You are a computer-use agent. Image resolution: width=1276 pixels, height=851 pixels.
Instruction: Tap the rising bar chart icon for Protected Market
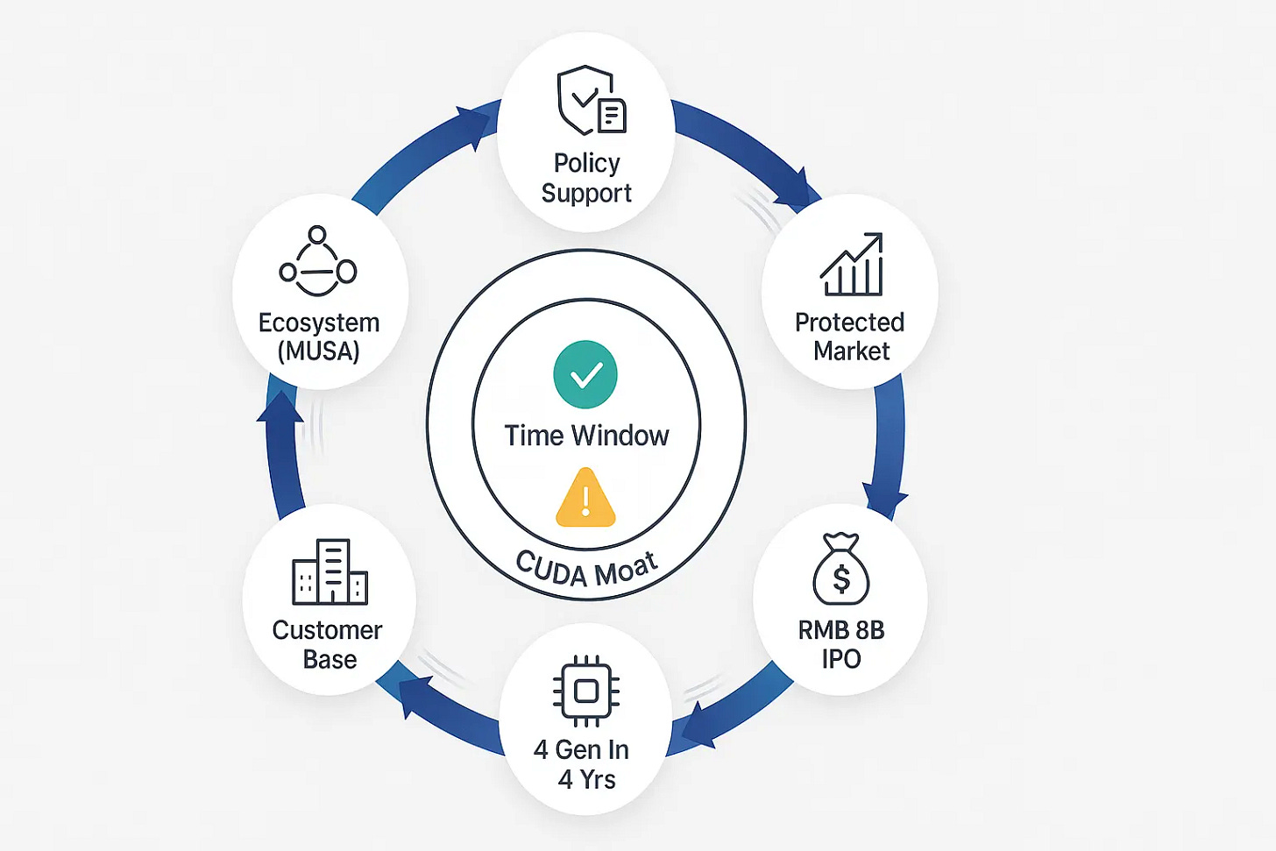pos(851,265)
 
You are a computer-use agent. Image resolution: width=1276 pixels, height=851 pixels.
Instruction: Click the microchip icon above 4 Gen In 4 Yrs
pos(586,691)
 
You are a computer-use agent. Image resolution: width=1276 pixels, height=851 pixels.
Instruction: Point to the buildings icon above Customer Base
pos(330,572)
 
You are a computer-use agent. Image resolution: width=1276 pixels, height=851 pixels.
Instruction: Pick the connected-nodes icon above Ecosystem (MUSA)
pos(317,262)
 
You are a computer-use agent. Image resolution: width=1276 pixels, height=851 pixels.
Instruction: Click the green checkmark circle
pos(585,374)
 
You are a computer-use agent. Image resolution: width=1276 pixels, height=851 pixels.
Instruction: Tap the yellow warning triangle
pos(585,499)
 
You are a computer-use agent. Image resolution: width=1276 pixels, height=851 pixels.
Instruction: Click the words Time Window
pos(586,436)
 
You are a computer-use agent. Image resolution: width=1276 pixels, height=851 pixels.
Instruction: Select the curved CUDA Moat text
pos(586,570)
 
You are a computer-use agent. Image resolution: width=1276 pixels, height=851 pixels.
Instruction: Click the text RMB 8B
pos(841,630)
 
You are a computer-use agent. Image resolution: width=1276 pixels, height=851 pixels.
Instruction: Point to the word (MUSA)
pos(319,351)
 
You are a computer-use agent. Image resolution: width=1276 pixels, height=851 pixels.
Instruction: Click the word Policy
pos(586,163)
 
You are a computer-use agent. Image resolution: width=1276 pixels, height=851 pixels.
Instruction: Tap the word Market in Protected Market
pos(851,351)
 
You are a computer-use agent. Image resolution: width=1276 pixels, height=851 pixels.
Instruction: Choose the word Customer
pos(327,630)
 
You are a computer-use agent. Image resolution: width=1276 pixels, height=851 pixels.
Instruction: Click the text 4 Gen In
pos(581,750)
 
